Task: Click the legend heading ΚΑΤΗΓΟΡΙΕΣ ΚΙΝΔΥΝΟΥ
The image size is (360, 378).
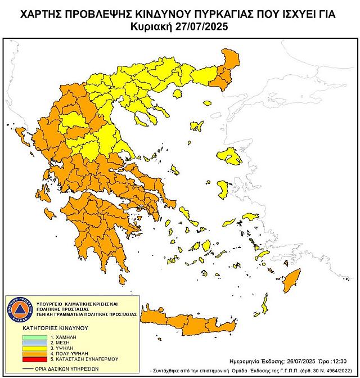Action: point(49,326)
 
